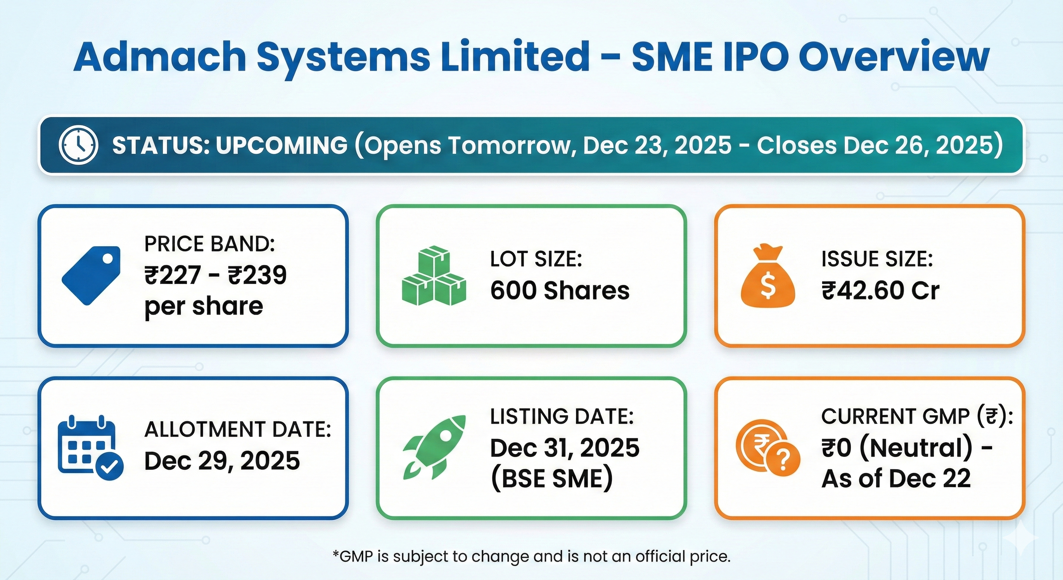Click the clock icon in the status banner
click(79, 145)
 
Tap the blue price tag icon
click(91, 275)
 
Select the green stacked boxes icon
click(434, 276)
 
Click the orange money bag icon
click(767, 276)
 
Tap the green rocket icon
click(434, 447)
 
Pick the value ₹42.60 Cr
click(881, 291)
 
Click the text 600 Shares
click(560, 291)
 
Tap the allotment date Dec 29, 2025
click(222, 461)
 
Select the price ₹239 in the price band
click(257, 275)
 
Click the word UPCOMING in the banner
click(282, 145)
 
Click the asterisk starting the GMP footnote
click(336, 552)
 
